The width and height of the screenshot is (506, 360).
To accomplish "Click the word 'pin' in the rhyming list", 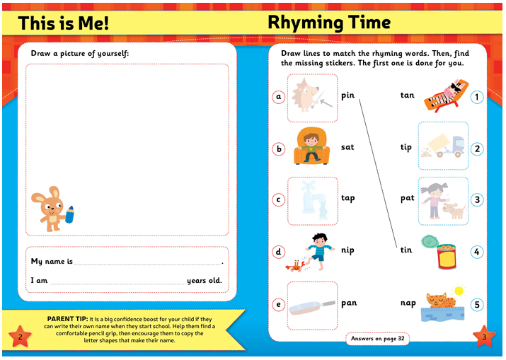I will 347,95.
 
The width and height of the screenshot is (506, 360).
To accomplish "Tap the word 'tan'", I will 407,95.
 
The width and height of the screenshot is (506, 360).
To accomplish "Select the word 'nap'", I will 408,303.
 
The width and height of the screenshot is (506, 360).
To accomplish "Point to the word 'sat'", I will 347,147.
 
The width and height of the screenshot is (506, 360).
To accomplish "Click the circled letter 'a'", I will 279,97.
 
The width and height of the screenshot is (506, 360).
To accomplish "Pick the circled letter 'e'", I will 279,305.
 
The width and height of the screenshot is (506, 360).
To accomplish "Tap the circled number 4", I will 477,252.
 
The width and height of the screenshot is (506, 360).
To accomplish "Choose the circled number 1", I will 477,97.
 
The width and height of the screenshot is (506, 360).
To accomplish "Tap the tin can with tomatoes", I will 446,256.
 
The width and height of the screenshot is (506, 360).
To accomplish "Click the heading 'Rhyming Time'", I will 328,22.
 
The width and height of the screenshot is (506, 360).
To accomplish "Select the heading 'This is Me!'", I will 64,23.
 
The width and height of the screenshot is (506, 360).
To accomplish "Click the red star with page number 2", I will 20,337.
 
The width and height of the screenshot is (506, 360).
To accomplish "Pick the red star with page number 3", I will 484,337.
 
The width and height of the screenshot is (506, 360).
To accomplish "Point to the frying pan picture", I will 312,305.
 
